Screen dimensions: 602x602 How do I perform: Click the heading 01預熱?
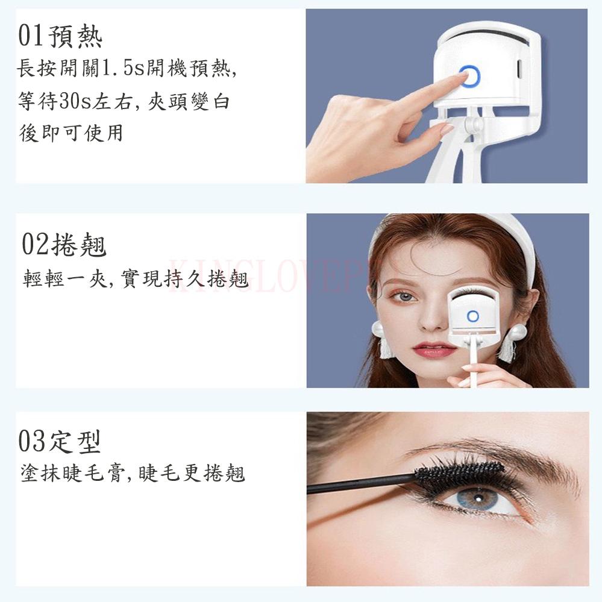(x=60, y=36)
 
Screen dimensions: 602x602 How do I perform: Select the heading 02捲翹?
(x=64, y=244)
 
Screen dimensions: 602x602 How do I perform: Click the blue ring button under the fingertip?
(x=469, y=76)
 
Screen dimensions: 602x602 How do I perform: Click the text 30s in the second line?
(x=74, y=101)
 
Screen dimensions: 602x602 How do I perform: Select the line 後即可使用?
(x=71, y=133)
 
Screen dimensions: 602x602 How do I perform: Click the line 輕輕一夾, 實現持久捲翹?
(x=136, y=278)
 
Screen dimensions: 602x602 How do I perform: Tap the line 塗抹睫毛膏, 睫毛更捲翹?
(x=133, y=472)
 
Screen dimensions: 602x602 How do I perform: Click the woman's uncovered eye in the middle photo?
(x=403, y=296)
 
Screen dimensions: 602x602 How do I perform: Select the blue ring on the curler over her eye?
(x=472, y=316)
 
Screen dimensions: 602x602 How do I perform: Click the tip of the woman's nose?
(x=432, y=324)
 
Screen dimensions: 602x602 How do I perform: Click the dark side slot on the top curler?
(x=519, y=68)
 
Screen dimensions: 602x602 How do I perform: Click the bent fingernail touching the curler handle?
(x=447, y=128)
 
